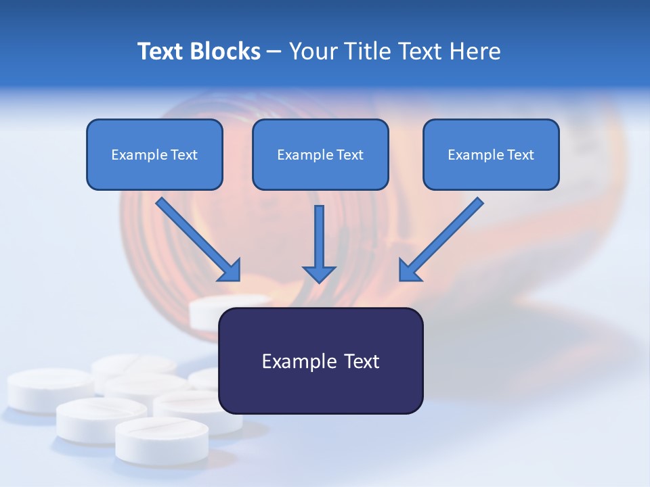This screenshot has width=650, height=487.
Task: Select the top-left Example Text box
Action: [154, 154]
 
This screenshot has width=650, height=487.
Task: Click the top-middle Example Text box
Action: [320, 154]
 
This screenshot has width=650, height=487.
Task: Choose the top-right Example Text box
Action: [491, 154]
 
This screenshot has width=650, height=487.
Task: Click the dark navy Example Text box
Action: [321, 361]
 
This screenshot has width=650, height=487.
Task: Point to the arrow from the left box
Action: [196, 238]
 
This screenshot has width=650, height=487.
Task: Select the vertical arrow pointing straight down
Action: [319, 240]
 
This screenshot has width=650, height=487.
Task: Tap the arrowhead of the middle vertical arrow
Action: [319, 273]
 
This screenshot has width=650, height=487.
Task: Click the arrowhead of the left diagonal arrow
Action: [230, 271]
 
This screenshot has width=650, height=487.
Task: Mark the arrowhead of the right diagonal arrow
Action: [409, 271]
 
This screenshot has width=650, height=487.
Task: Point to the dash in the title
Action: [274, 51]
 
